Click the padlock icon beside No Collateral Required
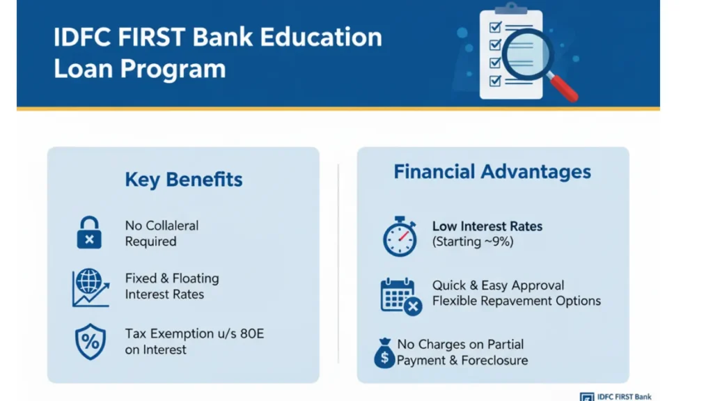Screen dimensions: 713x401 click(x=89, y=233)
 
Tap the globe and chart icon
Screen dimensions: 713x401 click(x=91, y=288)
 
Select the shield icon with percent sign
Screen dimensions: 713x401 click(x=90, y=341)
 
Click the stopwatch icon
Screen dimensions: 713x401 click(x=400, y=236)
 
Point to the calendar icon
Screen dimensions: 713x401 click(x=400, y=297)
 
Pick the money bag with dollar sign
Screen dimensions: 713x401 click(x=384, y=353)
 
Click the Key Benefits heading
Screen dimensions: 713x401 click(x=184, y=180)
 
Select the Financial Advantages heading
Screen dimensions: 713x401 click(x=492, y=171)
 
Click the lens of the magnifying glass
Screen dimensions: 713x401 click(x=528, y=55)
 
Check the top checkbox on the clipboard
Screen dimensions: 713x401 click(x=495, y=27)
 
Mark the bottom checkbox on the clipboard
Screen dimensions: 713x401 click(x=495, y=81)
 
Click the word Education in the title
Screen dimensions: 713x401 click(x=321, y=38)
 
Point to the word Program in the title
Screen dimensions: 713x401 click(x=173, y=70)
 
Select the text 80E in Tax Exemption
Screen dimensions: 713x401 click(x=252, y=333)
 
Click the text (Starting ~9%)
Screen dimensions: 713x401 click(x=473, y=242)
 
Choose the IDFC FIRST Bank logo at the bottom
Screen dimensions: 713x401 click(x=616, y=397)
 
